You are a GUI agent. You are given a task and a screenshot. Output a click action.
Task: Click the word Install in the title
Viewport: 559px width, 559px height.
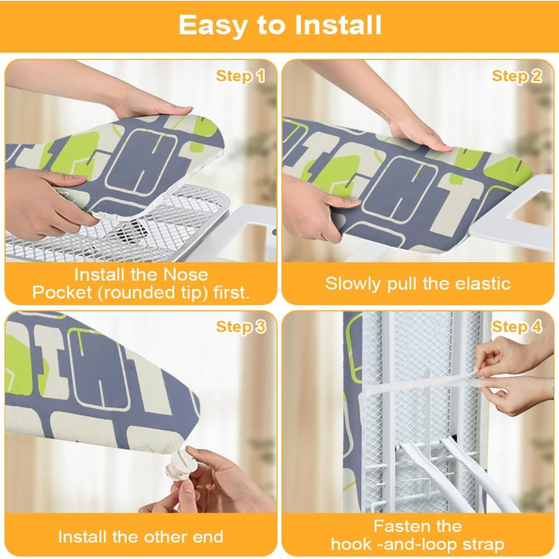(x=338, y=25)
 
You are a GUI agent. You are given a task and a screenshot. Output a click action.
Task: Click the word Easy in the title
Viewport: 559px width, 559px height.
(x=213, y=26)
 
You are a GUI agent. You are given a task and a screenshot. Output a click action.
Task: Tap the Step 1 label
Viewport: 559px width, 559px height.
(x=240, y=77)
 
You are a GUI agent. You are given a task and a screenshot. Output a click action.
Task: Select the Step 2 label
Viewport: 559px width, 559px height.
(x=517, y=77)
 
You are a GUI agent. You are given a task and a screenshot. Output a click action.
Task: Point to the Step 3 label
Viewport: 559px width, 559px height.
(x=241, y=327)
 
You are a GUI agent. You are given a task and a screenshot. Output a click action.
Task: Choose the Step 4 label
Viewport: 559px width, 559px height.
(x=517, y=327)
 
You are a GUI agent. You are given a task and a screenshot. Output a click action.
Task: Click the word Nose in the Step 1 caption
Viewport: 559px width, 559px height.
(x=185, y=275)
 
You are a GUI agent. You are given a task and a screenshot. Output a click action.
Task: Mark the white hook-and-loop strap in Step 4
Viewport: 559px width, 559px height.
(x=424, y=383)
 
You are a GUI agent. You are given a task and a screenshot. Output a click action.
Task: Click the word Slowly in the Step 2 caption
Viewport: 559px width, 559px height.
(x=353, y=284)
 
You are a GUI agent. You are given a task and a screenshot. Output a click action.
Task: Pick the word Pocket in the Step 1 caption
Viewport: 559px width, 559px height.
(x=62, y=293)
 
